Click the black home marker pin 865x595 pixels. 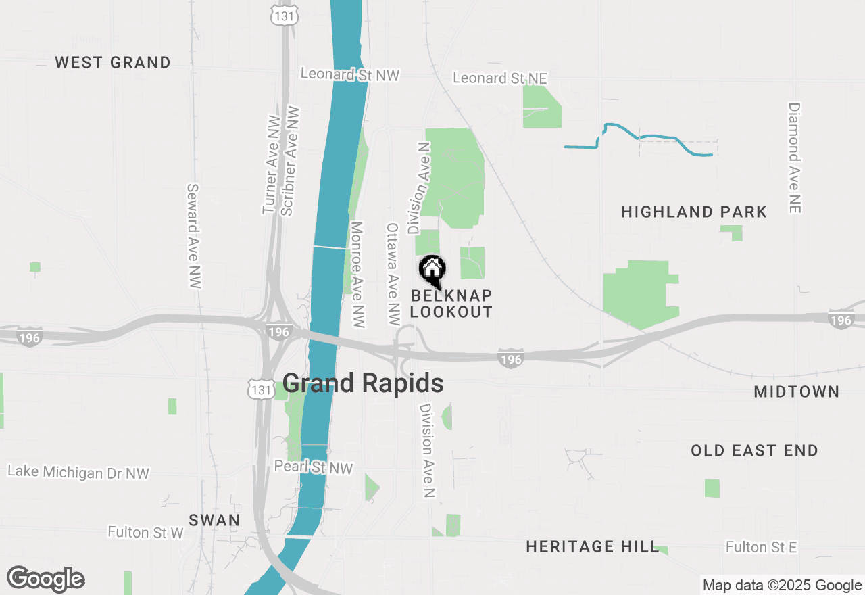coord(432,270)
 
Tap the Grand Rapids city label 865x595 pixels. coord(363,383)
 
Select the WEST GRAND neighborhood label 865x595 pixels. coord(113,63)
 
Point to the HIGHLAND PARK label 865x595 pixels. coord(694,212)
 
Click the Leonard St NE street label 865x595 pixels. coord(499,78)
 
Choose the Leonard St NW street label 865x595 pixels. coord(350,74)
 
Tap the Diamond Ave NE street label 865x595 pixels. coord(794,158)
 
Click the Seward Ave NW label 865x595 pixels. coord(194,236)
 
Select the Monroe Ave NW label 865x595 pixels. coord(358,275)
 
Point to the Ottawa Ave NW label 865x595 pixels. coord(393,275)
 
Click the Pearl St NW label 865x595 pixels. coord(314,467)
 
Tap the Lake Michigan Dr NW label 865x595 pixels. coord(78,472)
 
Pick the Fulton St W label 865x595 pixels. coord(145,533)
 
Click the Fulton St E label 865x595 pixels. coord(762,546)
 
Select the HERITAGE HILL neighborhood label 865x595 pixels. coord(592,546)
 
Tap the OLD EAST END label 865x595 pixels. coord(754,450)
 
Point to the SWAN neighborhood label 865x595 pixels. coord(214,520)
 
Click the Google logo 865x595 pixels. coord(46,579)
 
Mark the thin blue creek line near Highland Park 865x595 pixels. coord(656,137)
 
